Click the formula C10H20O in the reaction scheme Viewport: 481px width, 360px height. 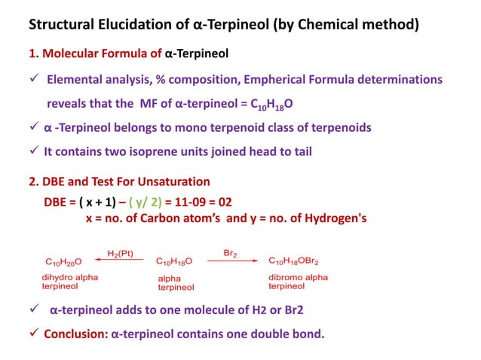point(64,261)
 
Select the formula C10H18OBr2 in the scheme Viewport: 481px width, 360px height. point(293,261)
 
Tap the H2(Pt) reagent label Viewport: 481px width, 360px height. point(120,253)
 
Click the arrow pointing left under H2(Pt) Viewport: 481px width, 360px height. point(121,261)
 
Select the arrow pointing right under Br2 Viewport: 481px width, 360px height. point(231,261)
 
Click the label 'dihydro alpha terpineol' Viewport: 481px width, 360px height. point(69,282)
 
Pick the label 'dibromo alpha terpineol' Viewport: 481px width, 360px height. point(298,282)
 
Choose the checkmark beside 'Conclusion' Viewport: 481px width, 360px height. point(34,333)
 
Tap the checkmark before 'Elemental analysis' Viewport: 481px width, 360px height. point(34,79)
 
